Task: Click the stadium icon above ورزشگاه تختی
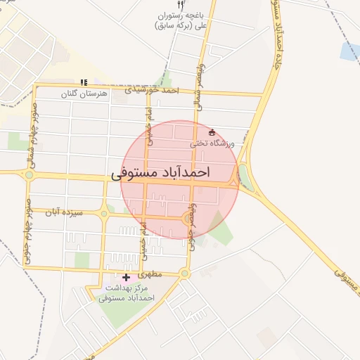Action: (x=212, y=132)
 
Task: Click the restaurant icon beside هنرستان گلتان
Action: (x=84, y=82)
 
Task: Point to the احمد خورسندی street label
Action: (x=152, y=90)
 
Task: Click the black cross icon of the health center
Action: (x=126, y=278)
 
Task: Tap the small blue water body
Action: (x=349, y=51)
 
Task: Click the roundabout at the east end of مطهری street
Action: (x=185, y=273)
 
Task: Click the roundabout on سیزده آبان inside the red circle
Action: (x=188, y=219)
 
